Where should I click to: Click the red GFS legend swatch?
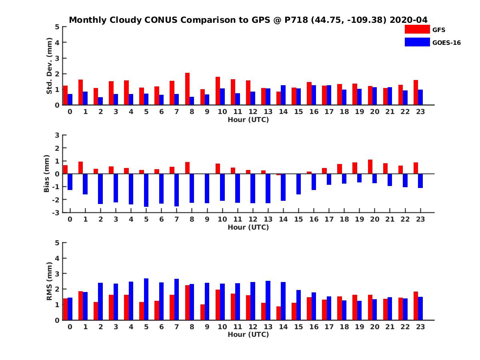[x=417, y=29]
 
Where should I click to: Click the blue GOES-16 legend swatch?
[x=417, y=42]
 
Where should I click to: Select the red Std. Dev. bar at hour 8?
[x=187, y=89]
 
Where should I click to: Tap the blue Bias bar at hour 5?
[x=146, y=190]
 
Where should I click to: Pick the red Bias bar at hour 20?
[x=370, y=167]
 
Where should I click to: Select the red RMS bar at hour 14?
[x=279, y=313]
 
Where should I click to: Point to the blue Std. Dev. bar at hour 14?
[x=283, y=95]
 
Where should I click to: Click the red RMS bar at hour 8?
[x=187, y=302]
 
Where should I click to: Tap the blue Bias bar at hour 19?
[x=359, y=178]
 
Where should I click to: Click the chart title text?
[x=248, y=20]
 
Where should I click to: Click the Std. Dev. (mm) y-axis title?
[x=49, y=66]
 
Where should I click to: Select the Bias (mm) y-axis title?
[x=47, y=174]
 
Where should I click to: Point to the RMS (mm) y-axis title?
[x=49, y=281]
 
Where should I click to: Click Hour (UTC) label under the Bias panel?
[x=248, y=227]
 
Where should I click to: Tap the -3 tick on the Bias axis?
[x=56, y=212]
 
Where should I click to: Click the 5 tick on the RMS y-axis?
[x=58, y=242]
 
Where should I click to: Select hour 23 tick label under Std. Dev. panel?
[x=420, y=112]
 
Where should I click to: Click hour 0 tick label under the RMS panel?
[x=70, y=327]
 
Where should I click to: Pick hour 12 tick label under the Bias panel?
[x=253, y=219]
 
